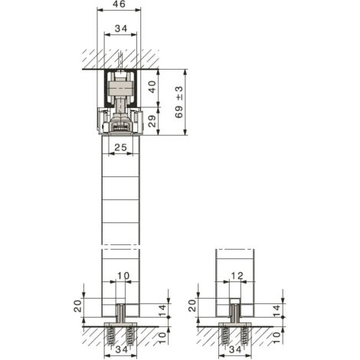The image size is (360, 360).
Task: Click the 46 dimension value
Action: [119, 5]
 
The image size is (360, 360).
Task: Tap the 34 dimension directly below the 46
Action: [121, 28]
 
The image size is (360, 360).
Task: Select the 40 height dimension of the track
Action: [152, 87]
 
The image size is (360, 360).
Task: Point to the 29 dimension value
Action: [152, 121]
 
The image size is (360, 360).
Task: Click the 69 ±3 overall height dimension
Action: [179, 102]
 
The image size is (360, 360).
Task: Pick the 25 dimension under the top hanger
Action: [121, 147]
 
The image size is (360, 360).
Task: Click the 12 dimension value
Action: [237, 276]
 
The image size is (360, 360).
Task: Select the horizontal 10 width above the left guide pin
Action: [123, 276]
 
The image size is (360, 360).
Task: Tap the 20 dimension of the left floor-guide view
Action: [78, 306]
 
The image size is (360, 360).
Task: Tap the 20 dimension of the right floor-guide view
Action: [192, 306]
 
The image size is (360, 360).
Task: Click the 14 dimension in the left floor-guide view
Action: [162, 310]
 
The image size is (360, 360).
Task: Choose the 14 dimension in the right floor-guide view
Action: [277, 310]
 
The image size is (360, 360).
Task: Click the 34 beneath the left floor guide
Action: [121, 349]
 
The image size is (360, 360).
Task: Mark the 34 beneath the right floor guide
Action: [235, 349]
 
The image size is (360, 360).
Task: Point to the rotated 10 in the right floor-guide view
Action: [277, 337]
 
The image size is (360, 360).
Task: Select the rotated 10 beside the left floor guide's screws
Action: [162, 337]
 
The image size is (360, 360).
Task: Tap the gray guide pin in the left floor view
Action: [119, 313]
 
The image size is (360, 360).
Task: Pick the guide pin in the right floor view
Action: [234, 311]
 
